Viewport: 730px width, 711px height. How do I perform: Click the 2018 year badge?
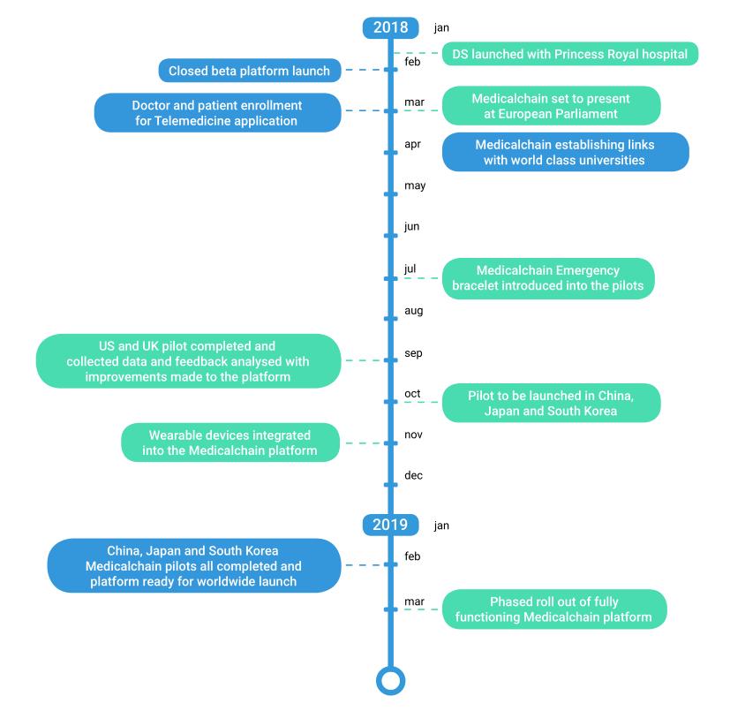click(x=390, y=27)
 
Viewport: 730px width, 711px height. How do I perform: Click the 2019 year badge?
click(x=390, y=525)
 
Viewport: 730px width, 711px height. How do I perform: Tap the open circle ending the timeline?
click(x=391, y=681)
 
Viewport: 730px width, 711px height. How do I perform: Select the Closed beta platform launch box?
click(x=250, y=71)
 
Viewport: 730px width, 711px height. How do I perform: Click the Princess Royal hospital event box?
click(x=570, y=54)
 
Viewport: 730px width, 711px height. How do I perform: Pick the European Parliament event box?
click(x=551, y=106)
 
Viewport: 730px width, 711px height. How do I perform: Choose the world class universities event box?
click(x=565, y=152)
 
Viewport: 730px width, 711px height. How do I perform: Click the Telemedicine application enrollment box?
click(x=217, y=113)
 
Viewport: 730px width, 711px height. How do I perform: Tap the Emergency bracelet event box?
click(x=548, y=278)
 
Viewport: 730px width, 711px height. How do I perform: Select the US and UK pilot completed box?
click(x=188, y=361)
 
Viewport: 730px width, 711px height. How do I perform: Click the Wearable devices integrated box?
click(x=230, y=442)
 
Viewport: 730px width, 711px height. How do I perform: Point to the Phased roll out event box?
click(x=554, y=609)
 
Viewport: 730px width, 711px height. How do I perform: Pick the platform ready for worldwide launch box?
click(x=194, y=565)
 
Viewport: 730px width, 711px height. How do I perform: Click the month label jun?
click(x=411, y=227)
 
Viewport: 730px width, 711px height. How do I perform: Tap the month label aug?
click(x=413, y=311)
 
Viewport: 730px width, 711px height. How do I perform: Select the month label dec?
click(x=413, y=475)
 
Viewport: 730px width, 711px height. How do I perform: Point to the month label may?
click(x=415, y=185)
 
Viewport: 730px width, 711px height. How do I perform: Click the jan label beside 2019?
click(x=441, y=526)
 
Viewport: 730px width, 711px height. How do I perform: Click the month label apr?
click(x=412, y=145)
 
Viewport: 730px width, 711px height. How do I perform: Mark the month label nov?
click(x=413, y=435)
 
